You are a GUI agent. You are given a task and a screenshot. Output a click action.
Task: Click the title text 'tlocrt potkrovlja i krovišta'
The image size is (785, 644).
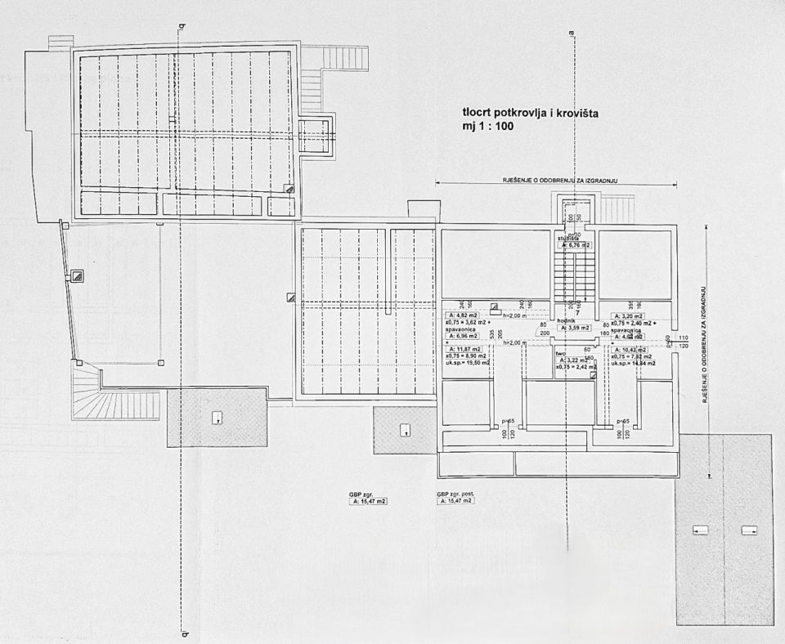pyautogui.click(x=531, y=114)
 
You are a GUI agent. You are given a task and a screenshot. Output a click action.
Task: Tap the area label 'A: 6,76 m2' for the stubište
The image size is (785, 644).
pyautogui.click(x=575, y=244)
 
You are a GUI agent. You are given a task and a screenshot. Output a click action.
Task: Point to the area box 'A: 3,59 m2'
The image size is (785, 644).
pyautogui.click(x=574, y=329)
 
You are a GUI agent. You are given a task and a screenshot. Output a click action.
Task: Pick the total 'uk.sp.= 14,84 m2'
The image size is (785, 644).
pyautogui.click(x=633, y=363)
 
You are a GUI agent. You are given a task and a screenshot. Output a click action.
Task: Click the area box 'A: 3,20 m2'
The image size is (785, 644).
pyautogui.click(x=628, y=315)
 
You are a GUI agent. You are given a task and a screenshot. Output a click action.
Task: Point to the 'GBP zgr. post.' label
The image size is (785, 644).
pyautogui.click(x=455, y=494)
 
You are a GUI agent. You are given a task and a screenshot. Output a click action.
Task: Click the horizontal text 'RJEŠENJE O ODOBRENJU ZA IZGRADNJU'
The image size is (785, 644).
pyautogui.click(x=556, y=179)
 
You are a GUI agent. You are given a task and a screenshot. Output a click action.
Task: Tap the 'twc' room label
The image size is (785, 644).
pyautogui.click(x=560, y=353)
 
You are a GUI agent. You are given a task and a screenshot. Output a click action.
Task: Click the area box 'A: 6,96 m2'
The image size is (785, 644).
pyautogui.click(x=462, y=336)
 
